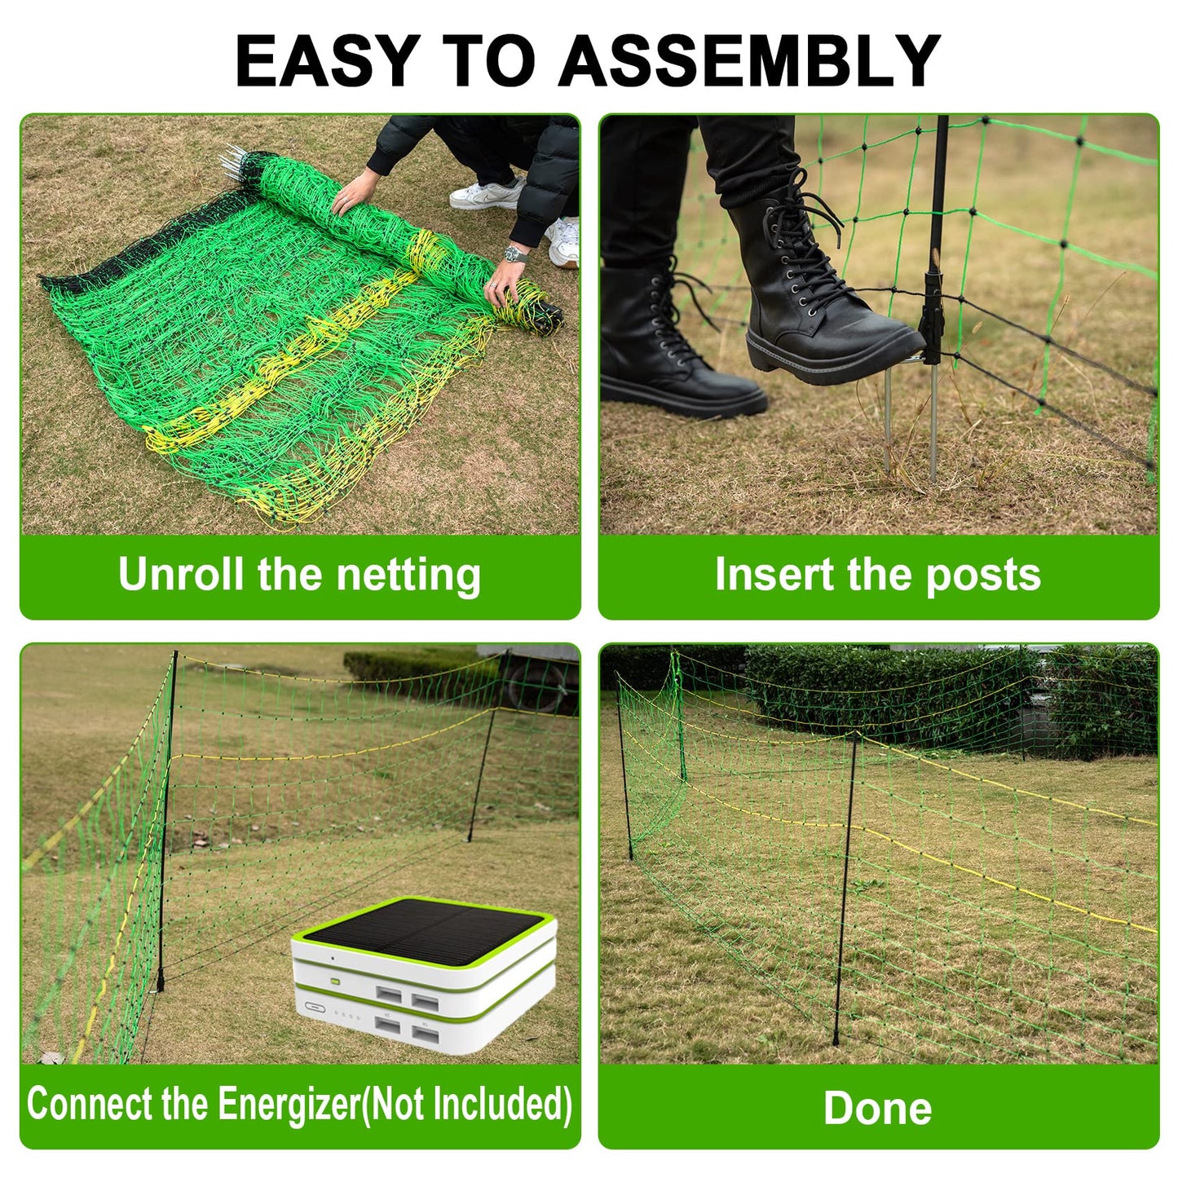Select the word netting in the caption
click(408, 576)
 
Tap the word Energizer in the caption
click(289, 1104)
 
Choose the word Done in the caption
click(878, 1107)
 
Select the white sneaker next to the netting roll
click(487, 194)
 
